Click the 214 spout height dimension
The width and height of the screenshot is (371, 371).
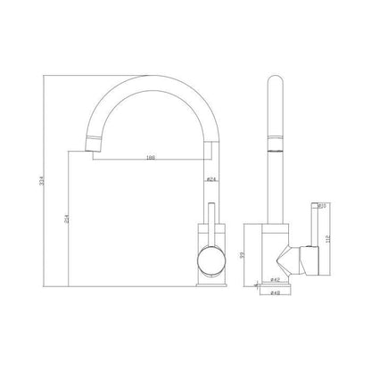click(x=70, y=220)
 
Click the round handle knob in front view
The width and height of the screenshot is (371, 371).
click(x=210, y=264)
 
